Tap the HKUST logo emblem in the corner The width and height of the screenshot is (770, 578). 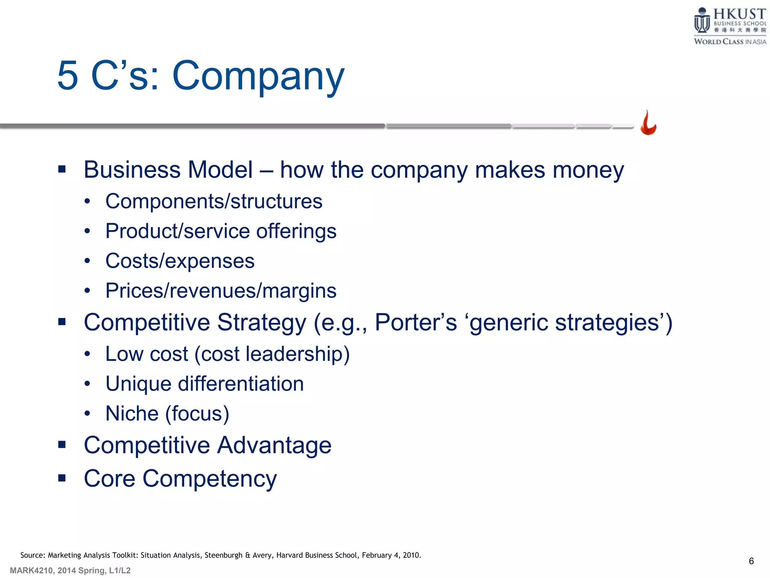pos(702,21)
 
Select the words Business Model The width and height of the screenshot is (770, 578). pos(168,170)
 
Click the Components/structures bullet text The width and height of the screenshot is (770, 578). pos(214,201)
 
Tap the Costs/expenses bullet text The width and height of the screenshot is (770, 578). pos(180,261)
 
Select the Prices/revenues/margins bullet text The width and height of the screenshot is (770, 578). pos(221,291)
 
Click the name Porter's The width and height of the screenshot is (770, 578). pos(416,322)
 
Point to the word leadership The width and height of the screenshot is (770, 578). pos(294,354)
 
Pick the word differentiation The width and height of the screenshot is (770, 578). pos(241,384)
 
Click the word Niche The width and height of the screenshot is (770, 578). pos(132,414)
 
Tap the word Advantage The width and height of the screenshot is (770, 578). pos(274,445)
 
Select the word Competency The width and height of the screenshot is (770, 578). pos(209,479)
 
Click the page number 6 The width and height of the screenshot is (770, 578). pos(751,561)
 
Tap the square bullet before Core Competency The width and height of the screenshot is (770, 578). pos(62,478)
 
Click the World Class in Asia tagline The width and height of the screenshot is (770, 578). pos(730,41)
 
